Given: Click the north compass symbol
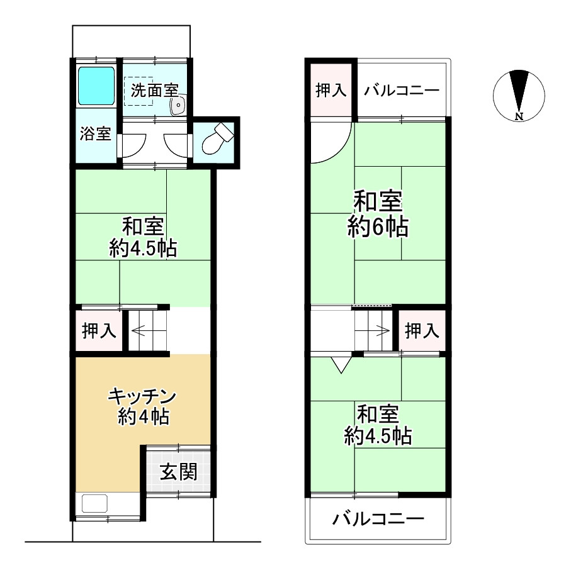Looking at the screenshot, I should point(519,95).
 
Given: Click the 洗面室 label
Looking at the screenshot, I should point(155,90).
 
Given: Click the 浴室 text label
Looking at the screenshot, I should point(96,134).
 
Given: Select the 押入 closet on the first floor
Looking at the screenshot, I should point(99,331).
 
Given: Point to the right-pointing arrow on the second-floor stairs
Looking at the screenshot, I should point(380,328).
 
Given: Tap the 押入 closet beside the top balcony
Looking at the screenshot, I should point(331,90).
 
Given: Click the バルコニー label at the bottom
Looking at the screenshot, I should point(378,520).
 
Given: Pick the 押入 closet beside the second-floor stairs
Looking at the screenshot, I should point(422,330).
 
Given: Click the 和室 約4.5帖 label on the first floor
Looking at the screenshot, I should point(142,237).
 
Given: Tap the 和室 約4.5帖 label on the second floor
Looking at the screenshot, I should point(378,425).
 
